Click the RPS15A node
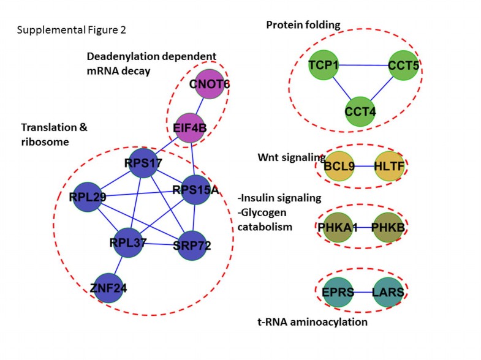tap(195, 189)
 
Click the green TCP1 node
tap(324, 64)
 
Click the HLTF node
tap(389, 166)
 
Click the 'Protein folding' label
tap(303, 25)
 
